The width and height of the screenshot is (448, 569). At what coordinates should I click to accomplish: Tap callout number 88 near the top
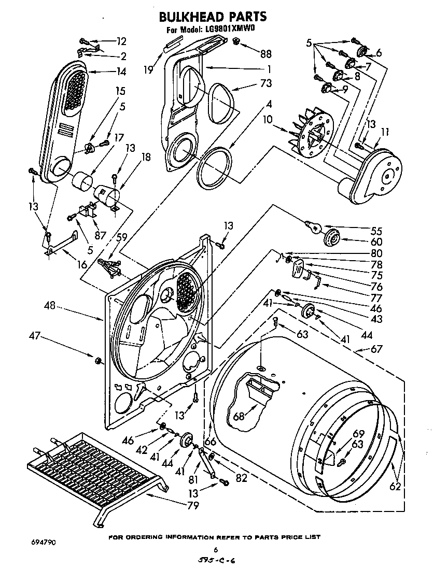pyautogui.click(x=266, y=53)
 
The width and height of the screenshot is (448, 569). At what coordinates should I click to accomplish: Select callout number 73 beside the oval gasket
pyautogui.click(x=267, y=83)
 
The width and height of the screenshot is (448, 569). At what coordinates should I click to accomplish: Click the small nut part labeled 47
pyautogui.click(x=97, y=360)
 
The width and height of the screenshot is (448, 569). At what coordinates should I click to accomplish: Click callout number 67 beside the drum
pyautogui.click(x=376, y=350)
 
